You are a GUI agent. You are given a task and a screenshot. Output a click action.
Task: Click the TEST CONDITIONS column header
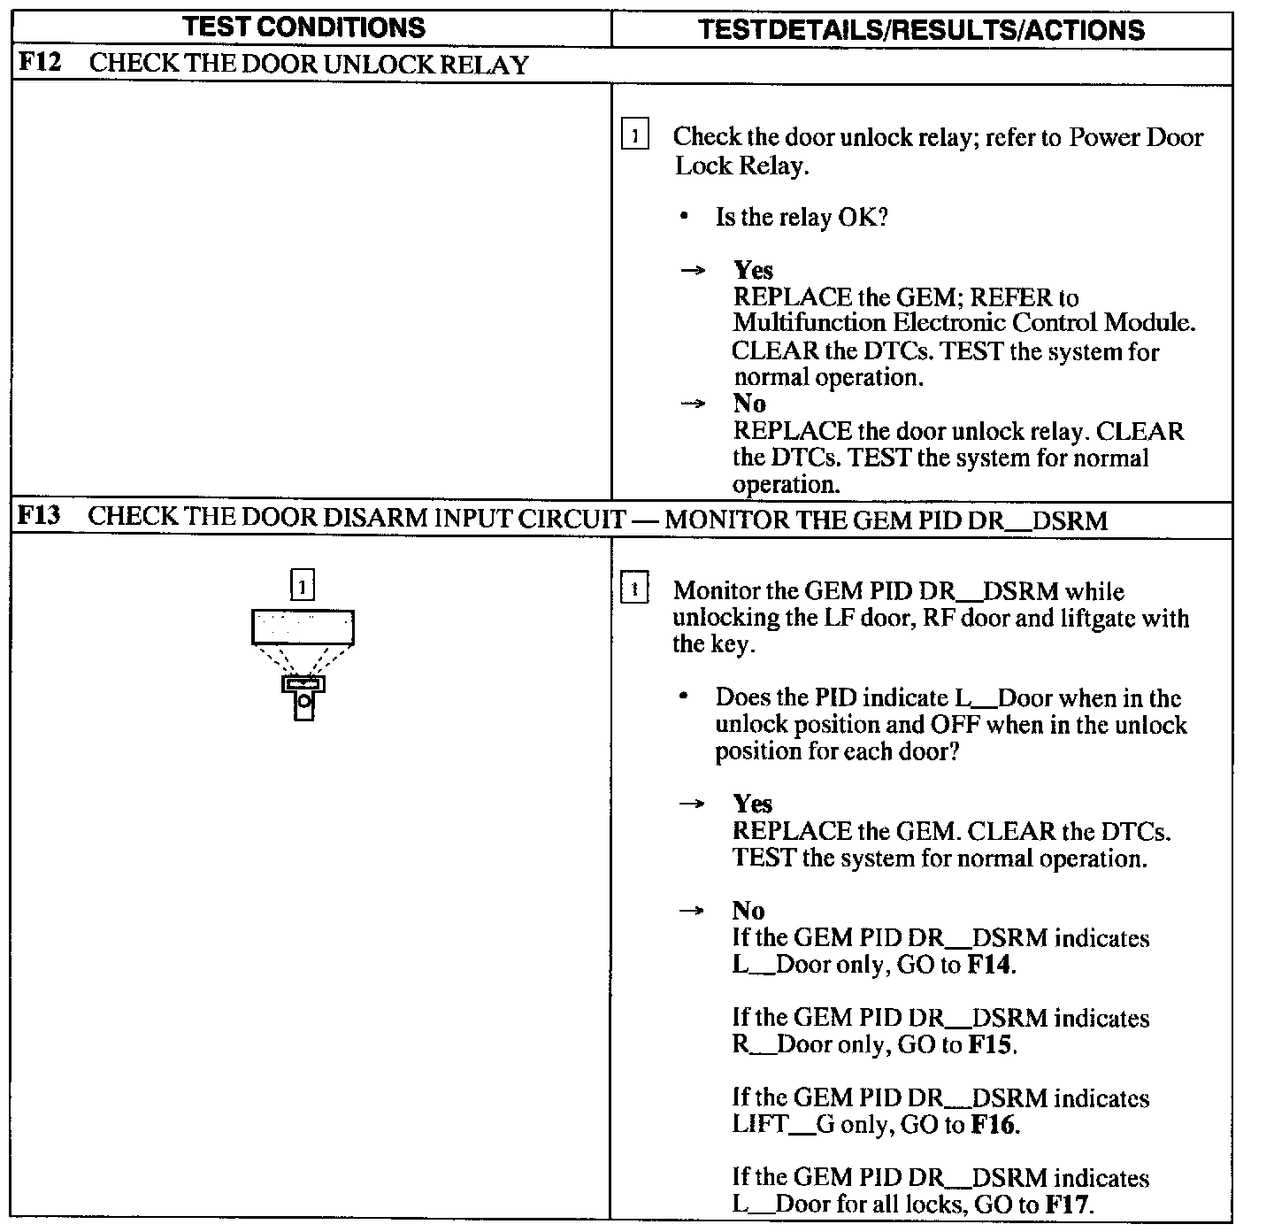click(x=304, y=27)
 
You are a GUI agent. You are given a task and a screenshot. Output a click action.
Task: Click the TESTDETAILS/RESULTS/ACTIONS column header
click(x=921, y=30)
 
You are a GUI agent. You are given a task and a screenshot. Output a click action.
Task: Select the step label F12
click(x=41, y=64)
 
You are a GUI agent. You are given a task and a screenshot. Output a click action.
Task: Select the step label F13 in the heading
click(x=40, y=516)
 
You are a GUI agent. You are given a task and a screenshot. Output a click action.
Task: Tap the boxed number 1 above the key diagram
click(x=303, y=585)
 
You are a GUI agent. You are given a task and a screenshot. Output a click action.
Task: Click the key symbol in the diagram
click(x=303, y=697)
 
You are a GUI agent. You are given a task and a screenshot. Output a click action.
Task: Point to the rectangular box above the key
click(x=303, y=627)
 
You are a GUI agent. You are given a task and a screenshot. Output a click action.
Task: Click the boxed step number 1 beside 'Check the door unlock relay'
click(x=634, y=136)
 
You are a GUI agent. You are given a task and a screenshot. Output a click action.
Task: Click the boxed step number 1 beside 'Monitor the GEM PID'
click(x=634, y=589)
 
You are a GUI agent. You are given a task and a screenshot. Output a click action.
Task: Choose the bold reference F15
click(x=991, y=1044)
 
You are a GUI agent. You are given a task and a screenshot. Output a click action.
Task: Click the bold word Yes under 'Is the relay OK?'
click(x=753, y=270)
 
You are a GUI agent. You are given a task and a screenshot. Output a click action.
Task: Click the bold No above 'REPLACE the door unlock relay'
click(x=749, y=404)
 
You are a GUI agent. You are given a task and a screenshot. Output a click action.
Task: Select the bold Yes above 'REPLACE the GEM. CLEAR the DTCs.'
click(x=752, y=804)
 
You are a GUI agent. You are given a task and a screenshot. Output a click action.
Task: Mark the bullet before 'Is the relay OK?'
click(x=685, y=217)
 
